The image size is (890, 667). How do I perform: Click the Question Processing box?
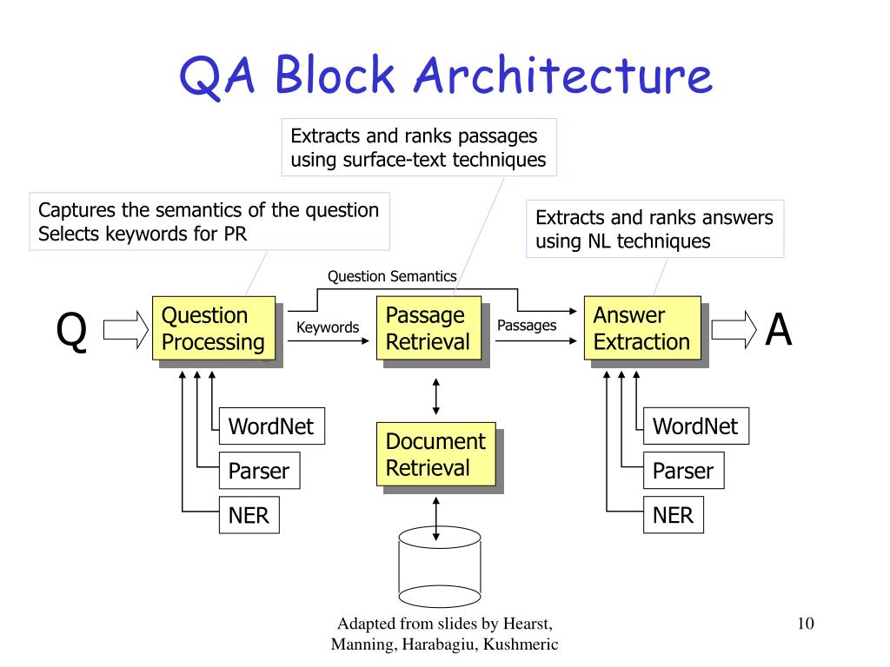[x=214, y=328]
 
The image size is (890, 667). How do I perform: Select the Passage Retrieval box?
[x=429, y=328]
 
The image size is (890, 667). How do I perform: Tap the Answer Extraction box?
[x=642, y=328]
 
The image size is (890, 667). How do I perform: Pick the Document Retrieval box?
[x=436, y=454]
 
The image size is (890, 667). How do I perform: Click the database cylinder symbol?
[x=440, y=567]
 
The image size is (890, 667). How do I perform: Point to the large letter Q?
[x=71, y=331]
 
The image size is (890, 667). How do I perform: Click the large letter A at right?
[x=778, y=329]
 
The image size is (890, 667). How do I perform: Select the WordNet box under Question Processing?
[x=272, y=426]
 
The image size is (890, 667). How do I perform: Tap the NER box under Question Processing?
[x=249, y=515]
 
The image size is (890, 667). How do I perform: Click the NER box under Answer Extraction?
[x=674, y=515]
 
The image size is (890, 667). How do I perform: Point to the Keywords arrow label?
[x=328, y=327]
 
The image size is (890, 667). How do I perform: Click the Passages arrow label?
[x=527, y=326]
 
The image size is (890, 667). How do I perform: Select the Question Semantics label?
[x=392, y=276]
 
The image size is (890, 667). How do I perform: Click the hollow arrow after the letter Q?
[x=125, y=329]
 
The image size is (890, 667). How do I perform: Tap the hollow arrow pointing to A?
[x=734, y=329]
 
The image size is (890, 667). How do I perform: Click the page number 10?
[x=806, y=624]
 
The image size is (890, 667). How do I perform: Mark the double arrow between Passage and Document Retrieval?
[x=436, y=396]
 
